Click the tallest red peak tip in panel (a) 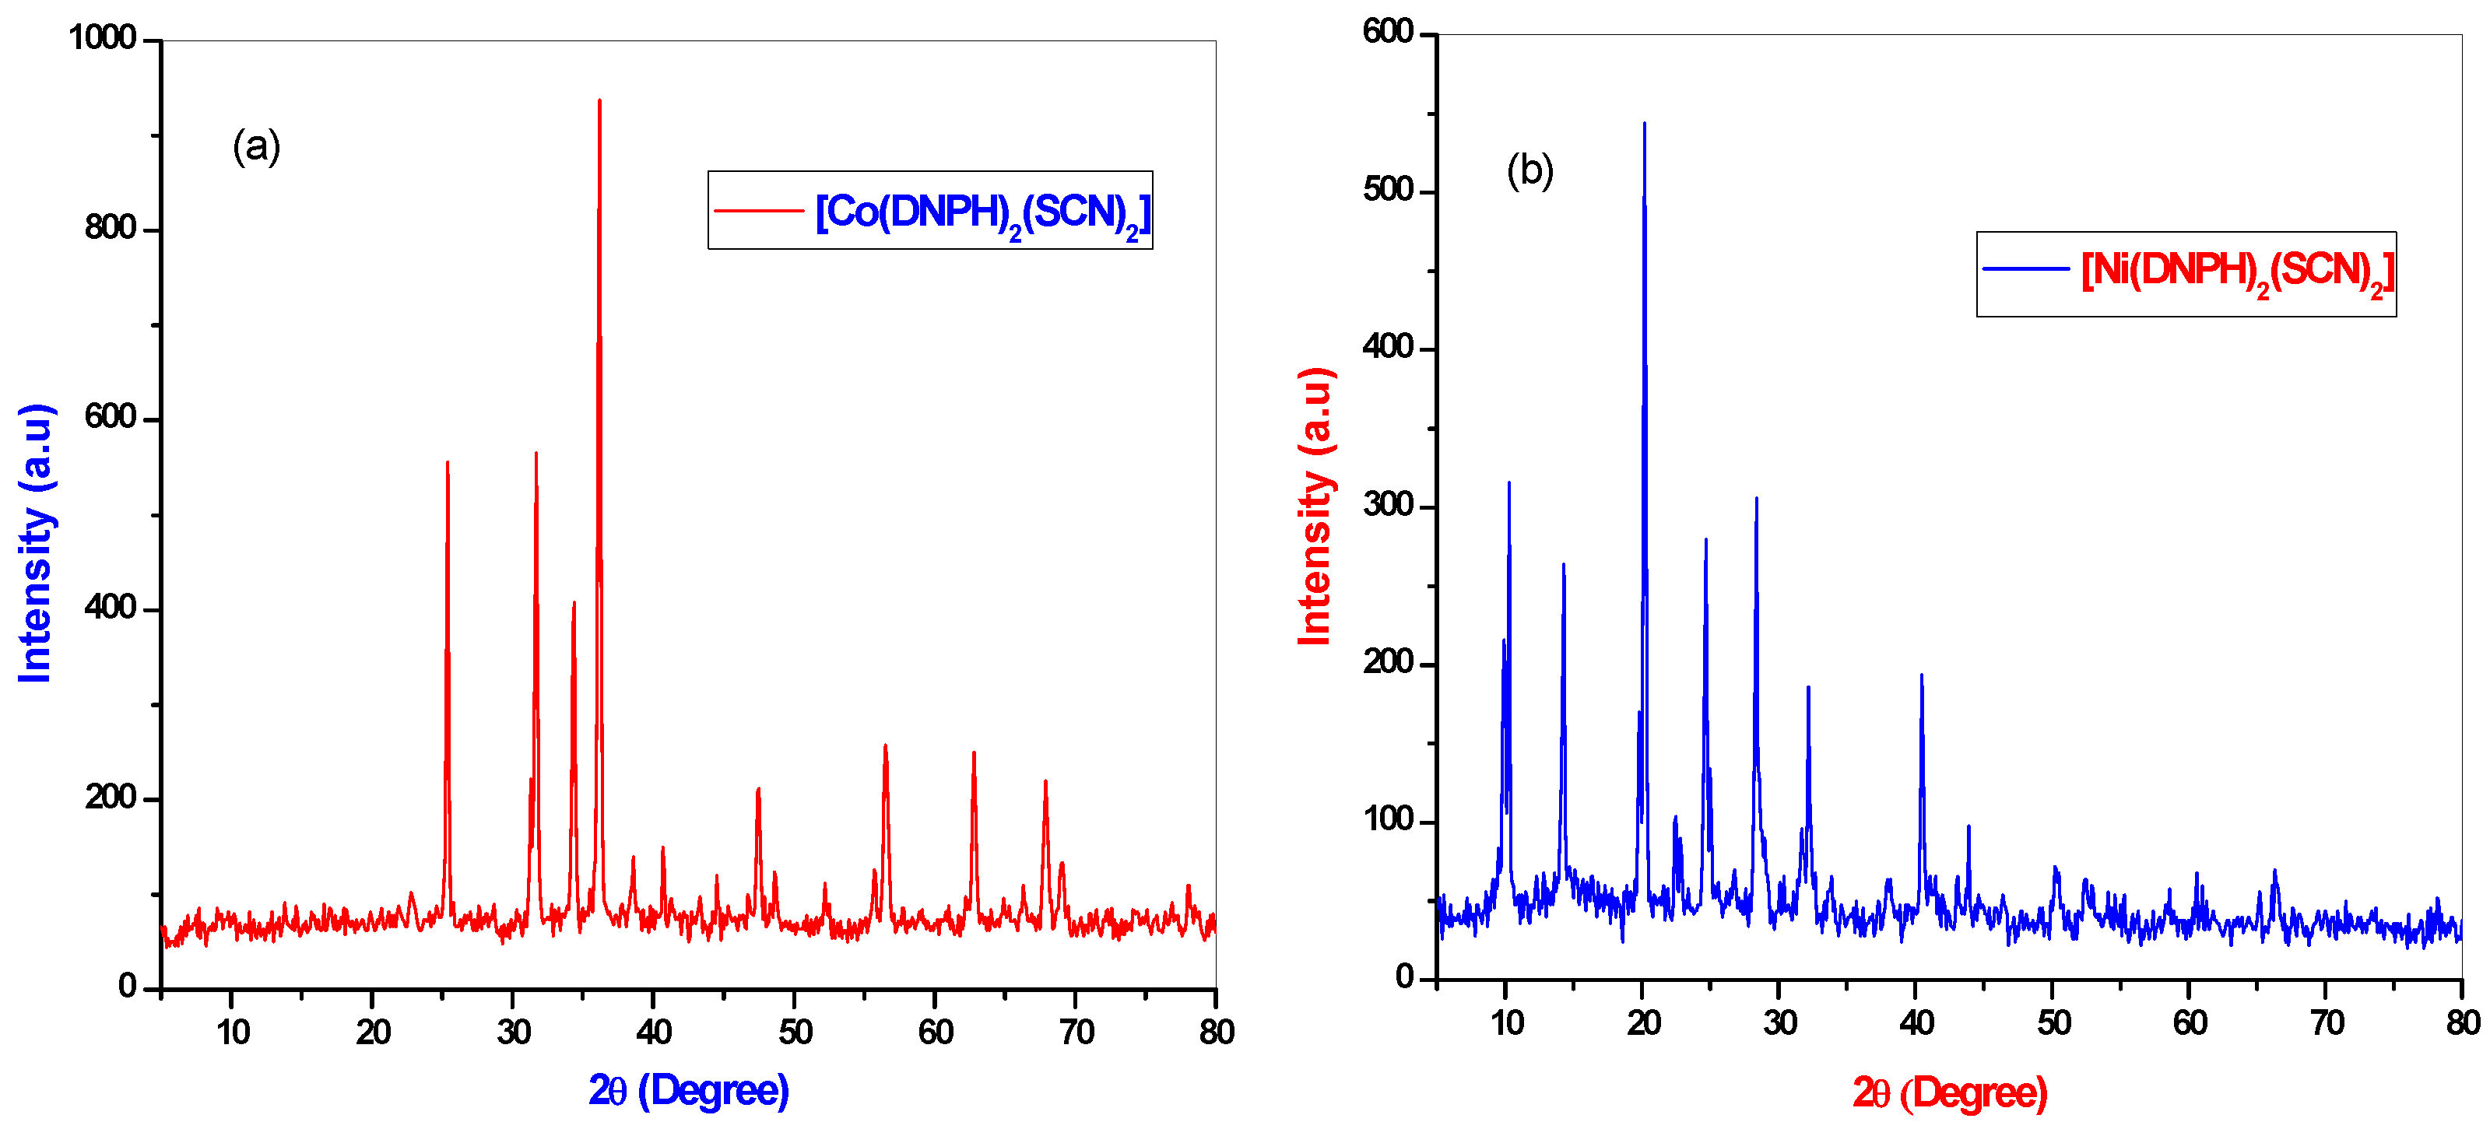pyautogui.click(x=599, y=100)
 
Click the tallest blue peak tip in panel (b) pyautogui.click(x=1644, y=124)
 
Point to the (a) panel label pyautogui.click(x=256, y=147)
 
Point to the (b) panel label pyautogui.click(x=1530, y=170)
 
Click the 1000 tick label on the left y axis pyautogui.click(x=103, y=39)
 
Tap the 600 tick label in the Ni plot pyautogui.click(x=1388, y=32)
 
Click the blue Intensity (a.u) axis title pyautogui.click(x=35, y=543)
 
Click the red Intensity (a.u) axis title pyautogui.click(x=1315, y=507)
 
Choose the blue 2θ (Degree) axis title pyautogui.click(x=688, y=1090)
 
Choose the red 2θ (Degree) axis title pyautogui.click(x=1950, y=1093)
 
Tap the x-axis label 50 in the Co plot pyautogui.click(x=795, y=1033)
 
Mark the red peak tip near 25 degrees pyautogui.click(x=448, y=463)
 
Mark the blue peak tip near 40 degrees pyautogui.click(x=1922, y=675)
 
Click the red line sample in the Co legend pyautogui.click(x=759, y=211)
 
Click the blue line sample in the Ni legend pyautogui.click(x=2026, y=268)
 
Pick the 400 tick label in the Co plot pyautogui.click(x=111, y=608)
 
